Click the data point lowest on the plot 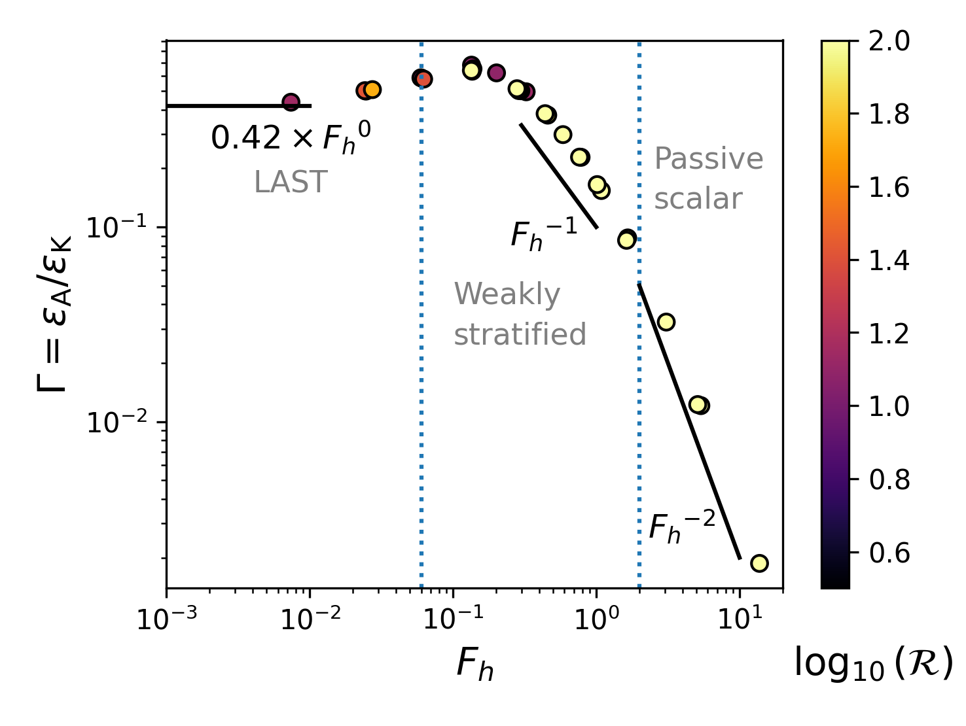pyautogui.click(x=759, y=562)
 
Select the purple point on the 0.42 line pyautogui.click(x=291, y=102)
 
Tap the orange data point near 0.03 pyautogui.click(x=372, y=90)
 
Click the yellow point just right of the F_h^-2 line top pyautogui.click(x=666, y=322)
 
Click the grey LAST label pyautogui.click(x=291, y=182)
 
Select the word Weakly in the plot pyautogui.click(x=507, y=295)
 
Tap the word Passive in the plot pyautogui.click(x=709, y=159)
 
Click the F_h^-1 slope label pyautogui.click(x=543, y=234)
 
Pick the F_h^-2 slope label pyautogui.click(x=681, y=527)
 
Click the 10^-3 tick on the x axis pyautogui.click(x=167, y=619)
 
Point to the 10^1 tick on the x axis pyautogui.click(x=740, y=619)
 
